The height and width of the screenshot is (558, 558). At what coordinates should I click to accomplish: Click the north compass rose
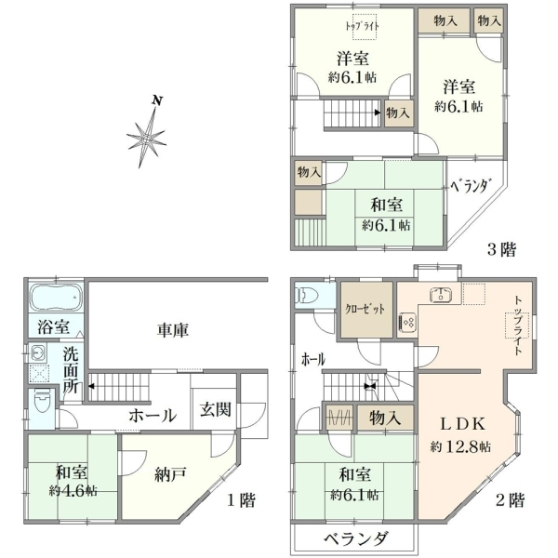click(x=147, y=138)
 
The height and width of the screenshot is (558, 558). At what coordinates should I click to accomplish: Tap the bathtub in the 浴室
click(x=55, y=298)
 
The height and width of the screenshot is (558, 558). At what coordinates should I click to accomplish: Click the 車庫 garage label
click(x=173, y=330)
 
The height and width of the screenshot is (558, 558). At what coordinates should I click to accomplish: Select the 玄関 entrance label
click(x=215, y=409)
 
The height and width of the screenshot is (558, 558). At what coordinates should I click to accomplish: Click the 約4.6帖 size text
click(x=73, y=491)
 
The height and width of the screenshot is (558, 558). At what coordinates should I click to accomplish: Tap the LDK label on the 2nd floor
click(x=462, y=424)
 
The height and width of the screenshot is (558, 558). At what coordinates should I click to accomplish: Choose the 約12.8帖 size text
click(x=460, y=446)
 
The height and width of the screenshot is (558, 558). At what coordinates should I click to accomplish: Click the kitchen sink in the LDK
click(x=441, y=294)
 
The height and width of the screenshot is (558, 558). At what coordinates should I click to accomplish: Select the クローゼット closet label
click(x=365, y=309)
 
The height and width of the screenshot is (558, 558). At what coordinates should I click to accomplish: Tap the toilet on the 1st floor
click(x=43, y=401)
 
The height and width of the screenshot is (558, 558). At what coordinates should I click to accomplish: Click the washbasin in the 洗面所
click(x=37, y=353)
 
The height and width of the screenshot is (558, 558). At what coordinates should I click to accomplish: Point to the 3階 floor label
click(x=501, y=249)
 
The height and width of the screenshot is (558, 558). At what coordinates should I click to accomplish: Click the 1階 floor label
click(x=241, y=500)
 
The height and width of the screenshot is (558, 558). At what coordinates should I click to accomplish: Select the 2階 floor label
click(x=511, y=500)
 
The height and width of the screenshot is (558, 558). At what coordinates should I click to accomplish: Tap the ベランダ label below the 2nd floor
click(x=355, y=539)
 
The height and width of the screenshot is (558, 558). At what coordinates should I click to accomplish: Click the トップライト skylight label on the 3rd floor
click(x=363, y=26)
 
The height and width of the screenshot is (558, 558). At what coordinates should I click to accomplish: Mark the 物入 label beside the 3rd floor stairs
click(x=398, y=113)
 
